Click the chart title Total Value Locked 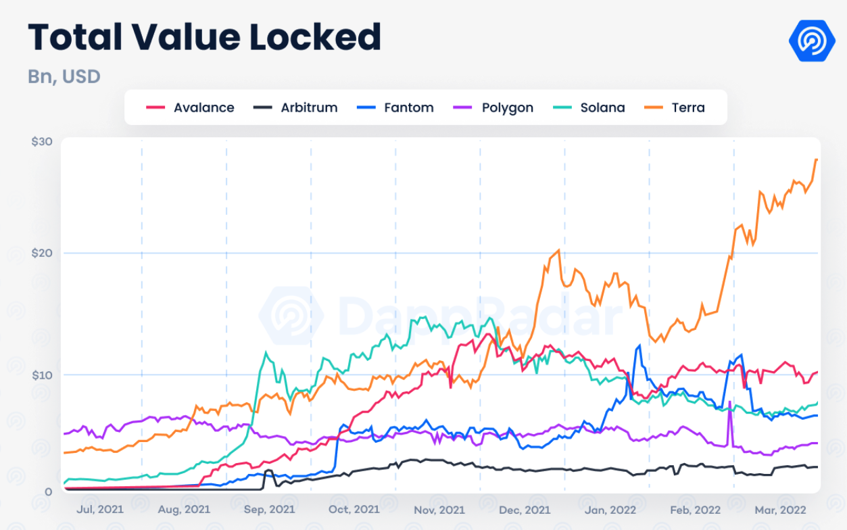[x=204, y=37]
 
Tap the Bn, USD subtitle [x=64, y=76]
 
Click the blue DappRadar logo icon [x=812, y=41]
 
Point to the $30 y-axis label [x=42, y=142]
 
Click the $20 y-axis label [x=42, y=253]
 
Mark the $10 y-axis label [x=42, y=375]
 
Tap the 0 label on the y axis [x=49, y=491]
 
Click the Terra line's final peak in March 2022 [x=816, y=160]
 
